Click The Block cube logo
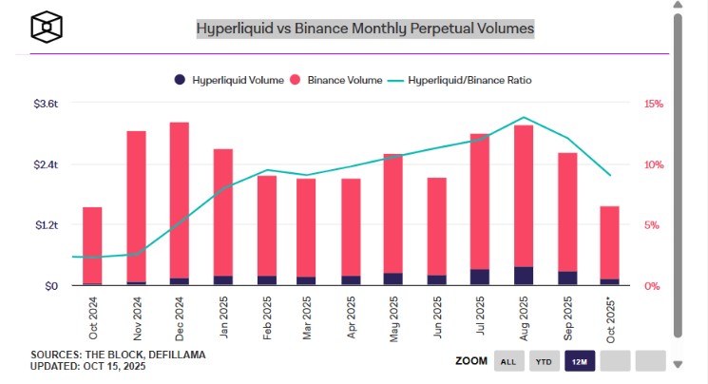46,28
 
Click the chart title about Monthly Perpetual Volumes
365,29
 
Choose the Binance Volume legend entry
334,80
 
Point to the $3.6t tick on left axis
46,104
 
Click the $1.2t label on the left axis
46,225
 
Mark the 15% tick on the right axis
653,104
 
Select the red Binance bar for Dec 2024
179,200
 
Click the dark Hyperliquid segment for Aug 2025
523,276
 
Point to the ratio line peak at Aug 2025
524,118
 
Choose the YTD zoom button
545,361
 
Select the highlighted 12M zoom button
579,361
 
